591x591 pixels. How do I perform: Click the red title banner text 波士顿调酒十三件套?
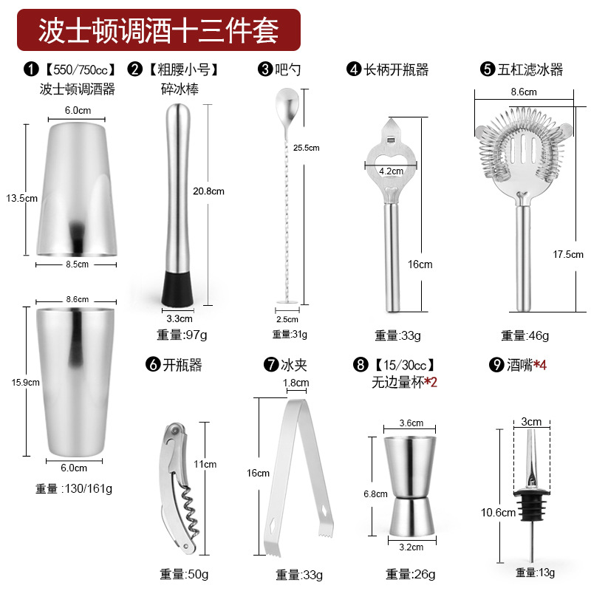pyautogui.click(x=158, y=30)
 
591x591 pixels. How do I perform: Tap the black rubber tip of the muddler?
pyautogui.click(x=177, y=288)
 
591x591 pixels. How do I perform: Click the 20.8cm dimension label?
pyautogui.click(x=208, y=191)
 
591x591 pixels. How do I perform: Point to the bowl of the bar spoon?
pyautogui.click(x=287, y=102)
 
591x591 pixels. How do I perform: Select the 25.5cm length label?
pyautogui.click(x=306, y=148)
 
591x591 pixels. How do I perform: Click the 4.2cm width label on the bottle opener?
pyautogui.click(x=391, y=171)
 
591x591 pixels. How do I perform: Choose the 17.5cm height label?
pyautogui.click(x=568, y=254)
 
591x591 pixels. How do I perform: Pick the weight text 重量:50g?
pyautogui.click(x=184, y=574)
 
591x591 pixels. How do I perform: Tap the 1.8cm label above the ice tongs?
pyautogui.click(x=296, y=383)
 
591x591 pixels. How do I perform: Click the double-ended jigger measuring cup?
pyautogui.click(x=410, y=486)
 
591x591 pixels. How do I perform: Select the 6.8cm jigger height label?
pyautogui.click(x=375, y=493)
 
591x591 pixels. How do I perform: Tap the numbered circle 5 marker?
pyautogui.click(x=488, y=69)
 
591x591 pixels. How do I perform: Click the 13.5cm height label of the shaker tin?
pyautogui.click(x=21, y=198)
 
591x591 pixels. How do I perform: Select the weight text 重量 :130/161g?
pyautogui.click(x=74, y=488)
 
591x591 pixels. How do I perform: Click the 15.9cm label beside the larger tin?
pyautogui.click(x=25, y=382)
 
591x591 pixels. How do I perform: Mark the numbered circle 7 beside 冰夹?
pyautogui.click(x=271, y=364)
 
